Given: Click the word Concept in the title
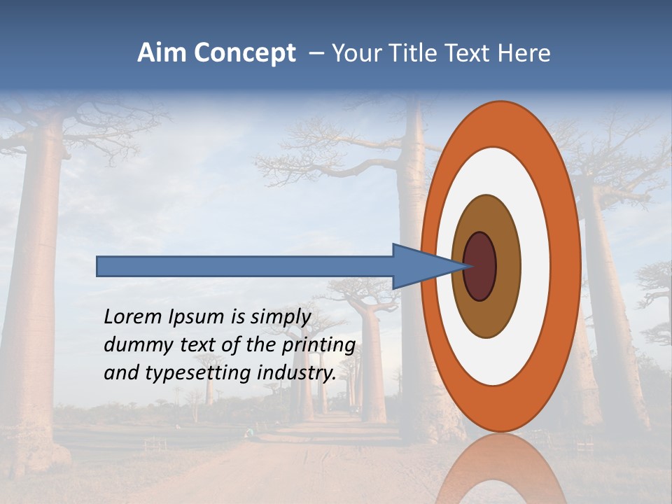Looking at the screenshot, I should coord(242,53).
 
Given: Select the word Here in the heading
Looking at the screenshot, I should coord(524,53).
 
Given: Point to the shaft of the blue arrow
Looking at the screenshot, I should coord(245,266).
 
